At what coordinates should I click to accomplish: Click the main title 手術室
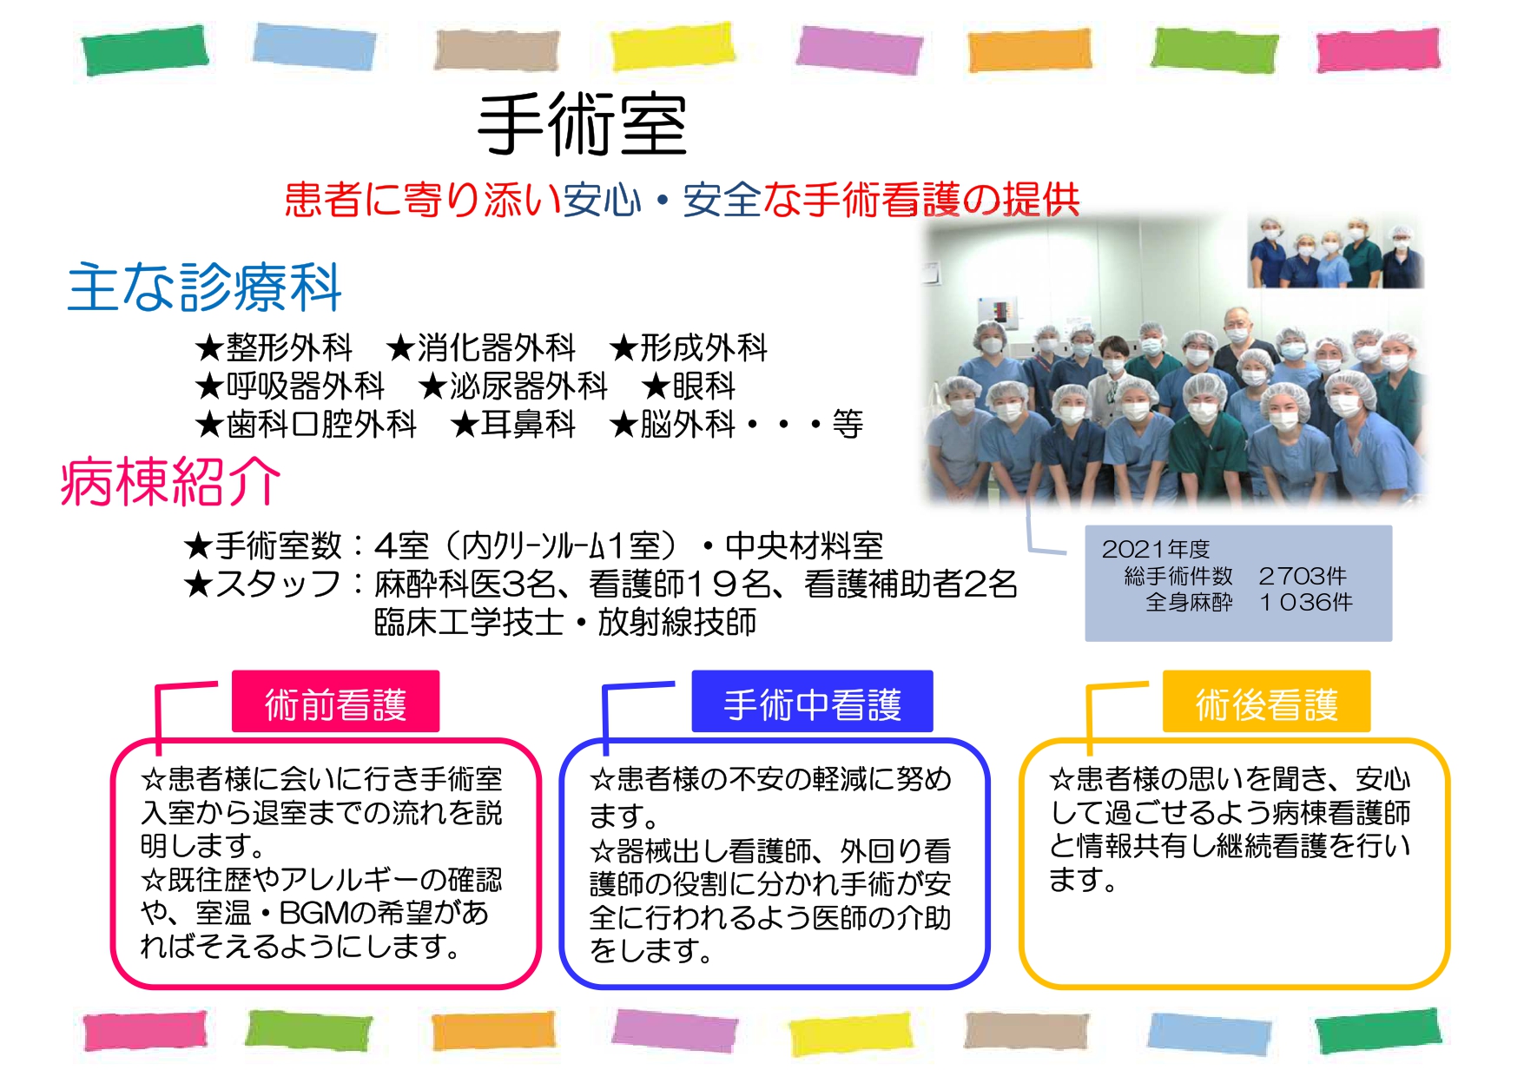click(583, 125)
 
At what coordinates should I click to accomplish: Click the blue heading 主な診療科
click(205, 287)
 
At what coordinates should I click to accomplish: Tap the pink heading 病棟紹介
click(171, 481)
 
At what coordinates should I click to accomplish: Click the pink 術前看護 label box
click(335, 702)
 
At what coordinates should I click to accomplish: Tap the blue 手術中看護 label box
click(812, 702)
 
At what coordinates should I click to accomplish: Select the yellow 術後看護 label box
click(1266, 702)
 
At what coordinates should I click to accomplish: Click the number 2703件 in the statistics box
click(1303, 576)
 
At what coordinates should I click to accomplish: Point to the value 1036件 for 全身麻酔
click(1306, 602)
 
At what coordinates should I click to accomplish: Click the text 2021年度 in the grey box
click(1155, 549)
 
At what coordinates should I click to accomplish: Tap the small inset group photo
click(1336, 251)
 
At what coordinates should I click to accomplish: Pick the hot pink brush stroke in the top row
click(1378, 50)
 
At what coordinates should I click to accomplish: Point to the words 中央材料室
click(804, 545)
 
